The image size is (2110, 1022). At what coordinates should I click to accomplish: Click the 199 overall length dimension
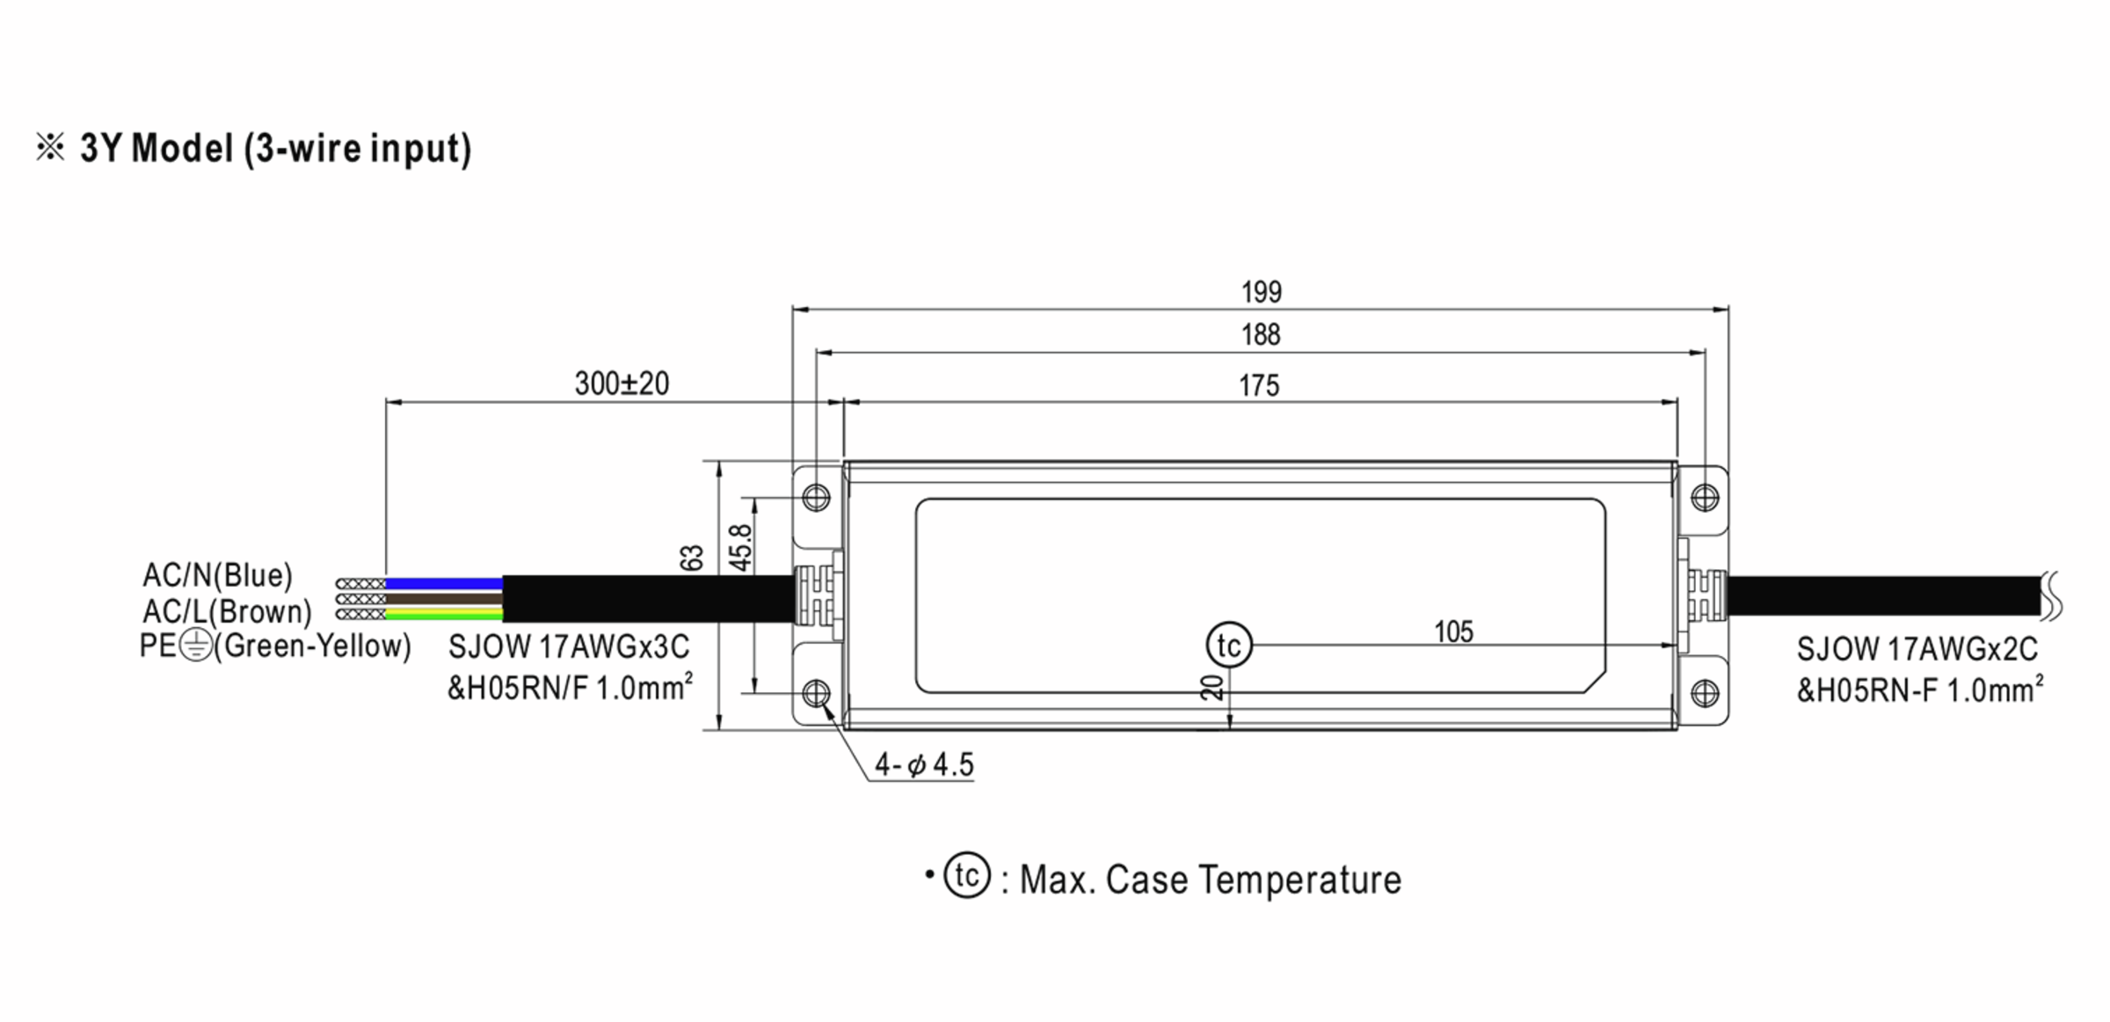[1261, 292]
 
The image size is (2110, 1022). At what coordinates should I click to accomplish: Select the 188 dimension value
[1261, 335]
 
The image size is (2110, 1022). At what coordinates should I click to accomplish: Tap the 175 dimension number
[1259, 386]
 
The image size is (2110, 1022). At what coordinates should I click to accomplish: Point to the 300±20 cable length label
[622, 383]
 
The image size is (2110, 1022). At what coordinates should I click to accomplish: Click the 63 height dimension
[692, 558]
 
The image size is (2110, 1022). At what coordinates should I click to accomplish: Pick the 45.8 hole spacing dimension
[741, 548]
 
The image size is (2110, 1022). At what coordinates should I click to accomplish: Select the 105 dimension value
[1453, 631]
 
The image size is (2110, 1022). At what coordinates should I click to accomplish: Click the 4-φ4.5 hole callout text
[924, 765]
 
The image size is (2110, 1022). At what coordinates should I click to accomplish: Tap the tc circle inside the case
[1228, 646]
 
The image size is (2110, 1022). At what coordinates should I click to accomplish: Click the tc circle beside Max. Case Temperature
[967, 875]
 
